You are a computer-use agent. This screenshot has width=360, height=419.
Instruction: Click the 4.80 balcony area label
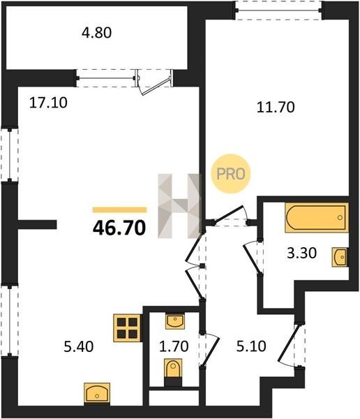pos(96,33)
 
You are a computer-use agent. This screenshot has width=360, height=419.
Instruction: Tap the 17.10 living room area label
pos(48,103)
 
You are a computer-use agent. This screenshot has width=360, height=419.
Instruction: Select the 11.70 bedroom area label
pos(276,108)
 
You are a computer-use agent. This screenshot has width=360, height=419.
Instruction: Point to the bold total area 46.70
pos(119,228)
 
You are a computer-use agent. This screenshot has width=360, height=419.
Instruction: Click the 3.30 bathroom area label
pos(302,253)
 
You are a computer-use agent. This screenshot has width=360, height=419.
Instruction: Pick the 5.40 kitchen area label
pos(79,347)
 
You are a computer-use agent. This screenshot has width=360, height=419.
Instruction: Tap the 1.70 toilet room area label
pos(174,346)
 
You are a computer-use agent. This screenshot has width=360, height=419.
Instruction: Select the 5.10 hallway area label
pos(251,346)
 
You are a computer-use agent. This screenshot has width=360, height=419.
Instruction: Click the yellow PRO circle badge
pos(231,174)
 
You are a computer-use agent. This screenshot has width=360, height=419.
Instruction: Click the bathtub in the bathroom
pos(317,217)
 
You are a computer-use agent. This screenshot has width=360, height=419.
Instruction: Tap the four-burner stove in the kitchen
pos(128,328)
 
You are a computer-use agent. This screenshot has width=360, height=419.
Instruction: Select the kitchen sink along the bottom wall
pos(97,394)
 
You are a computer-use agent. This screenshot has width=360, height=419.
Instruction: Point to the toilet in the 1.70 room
pos(173,372)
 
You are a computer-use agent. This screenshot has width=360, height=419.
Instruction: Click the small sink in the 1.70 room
pos(174,321)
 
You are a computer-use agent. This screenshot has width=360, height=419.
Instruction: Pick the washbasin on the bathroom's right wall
pos(340,257)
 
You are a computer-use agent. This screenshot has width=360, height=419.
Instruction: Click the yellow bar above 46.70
pos(119,209)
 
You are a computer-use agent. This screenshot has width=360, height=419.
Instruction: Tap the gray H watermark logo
pos(179,206)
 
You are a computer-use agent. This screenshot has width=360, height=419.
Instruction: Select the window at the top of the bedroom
pos(278,10)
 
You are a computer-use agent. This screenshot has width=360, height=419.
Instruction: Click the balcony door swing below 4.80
pos(154,82)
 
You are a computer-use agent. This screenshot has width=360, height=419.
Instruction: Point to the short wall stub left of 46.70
pos(37,224)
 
